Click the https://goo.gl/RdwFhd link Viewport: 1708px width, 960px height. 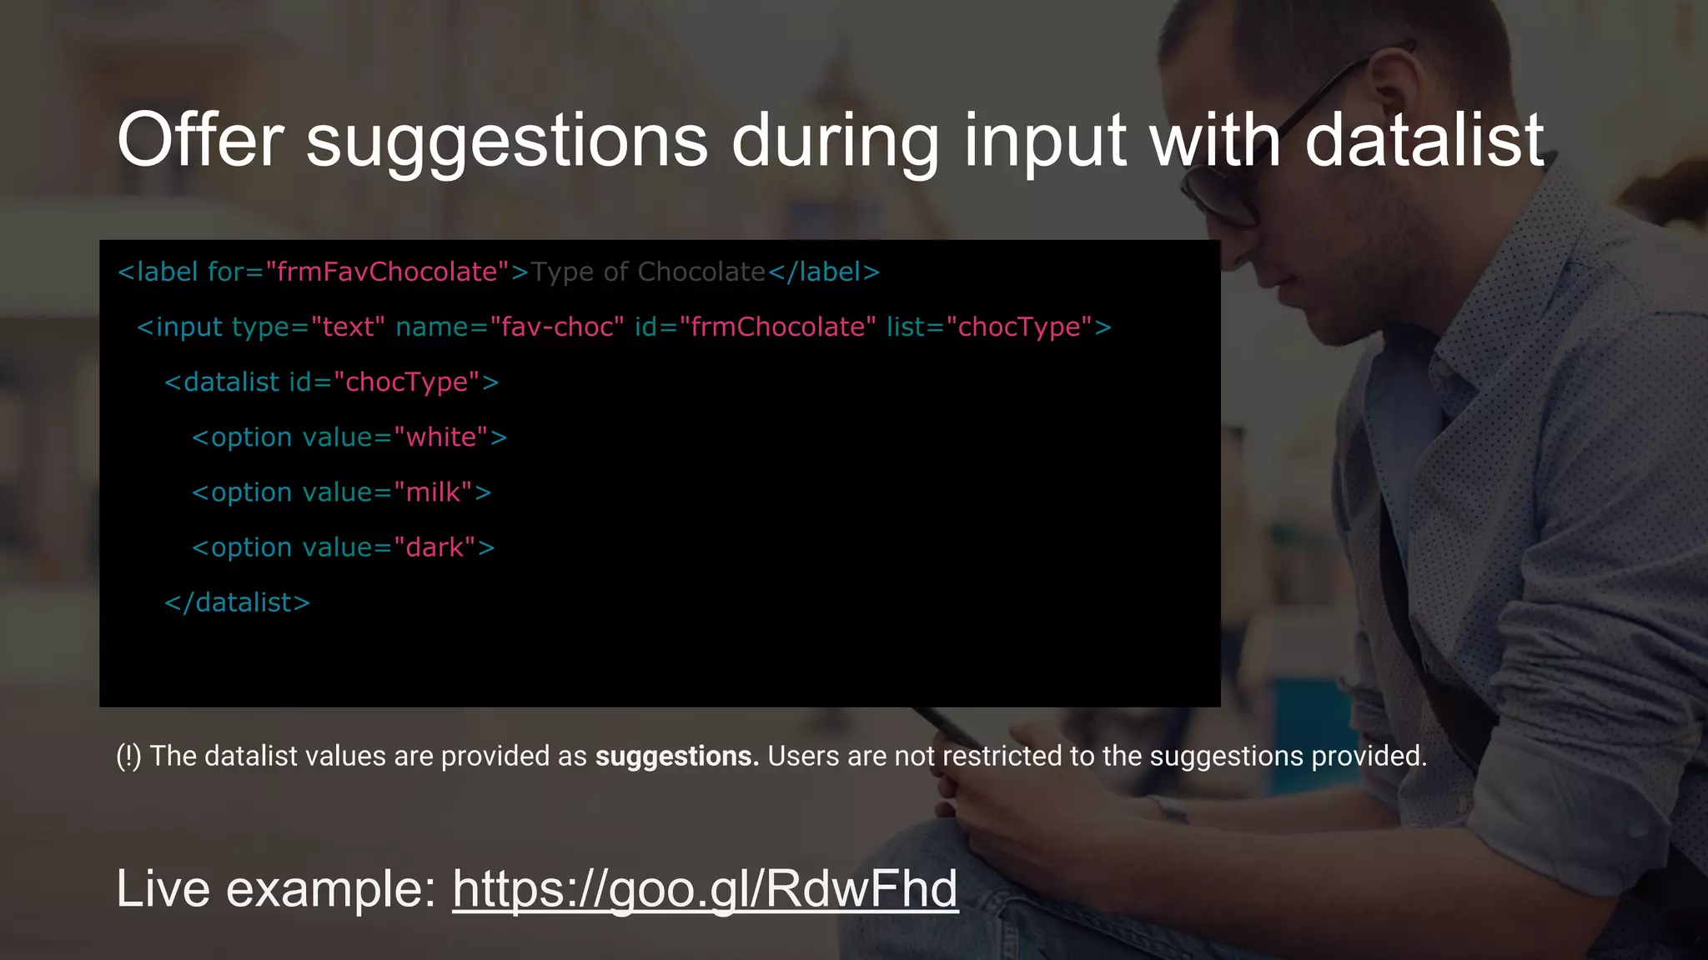(705, 888)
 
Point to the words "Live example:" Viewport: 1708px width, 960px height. (276, 888)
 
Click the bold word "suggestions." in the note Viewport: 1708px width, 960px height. (676, 756)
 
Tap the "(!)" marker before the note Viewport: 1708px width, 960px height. (128, 756)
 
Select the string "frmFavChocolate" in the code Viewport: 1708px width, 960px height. (387, 272)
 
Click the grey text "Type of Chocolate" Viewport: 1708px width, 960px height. (648, 272)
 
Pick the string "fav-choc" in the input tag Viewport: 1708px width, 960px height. (556, 327)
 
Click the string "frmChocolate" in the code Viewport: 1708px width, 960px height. (777, 327)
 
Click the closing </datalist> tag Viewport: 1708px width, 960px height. (237, 602)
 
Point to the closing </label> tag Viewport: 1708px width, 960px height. (823, 272)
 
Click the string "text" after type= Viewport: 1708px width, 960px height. (348, 327)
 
